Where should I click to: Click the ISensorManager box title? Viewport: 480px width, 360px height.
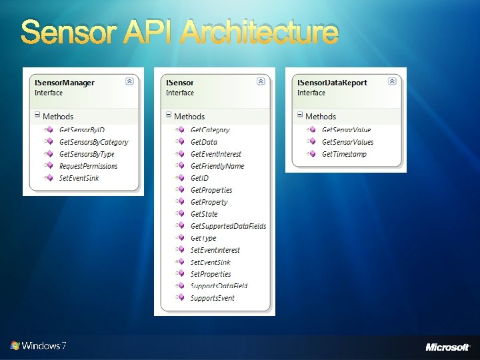64,83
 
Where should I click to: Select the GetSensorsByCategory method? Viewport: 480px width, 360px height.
93,142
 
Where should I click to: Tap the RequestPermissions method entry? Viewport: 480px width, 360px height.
88,166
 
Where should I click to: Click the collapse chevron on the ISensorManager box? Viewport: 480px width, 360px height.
129,81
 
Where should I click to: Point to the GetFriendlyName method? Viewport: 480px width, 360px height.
217,166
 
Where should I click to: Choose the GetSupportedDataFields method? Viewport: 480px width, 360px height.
228,226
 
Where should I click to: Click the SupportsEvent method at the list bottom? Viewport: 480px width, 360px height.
212,298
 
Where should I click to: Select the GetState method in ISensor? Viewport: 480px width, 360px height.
204,214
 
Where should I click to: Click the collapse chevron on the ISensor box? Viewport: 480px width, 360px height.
261,81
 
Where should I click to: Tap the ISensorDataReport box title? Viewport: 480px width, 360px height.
332,83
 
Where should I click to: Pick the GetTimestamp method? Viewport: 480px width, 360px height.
344,154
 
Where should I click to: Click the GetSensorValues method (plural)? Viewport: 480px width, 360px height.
347,142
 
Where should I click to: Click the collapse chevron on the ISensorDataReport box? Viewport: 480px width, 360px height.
392,81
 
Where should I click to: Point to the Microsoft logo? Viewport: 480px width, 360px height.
447,347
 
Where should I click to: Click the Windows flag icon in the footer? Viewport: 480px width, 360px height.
15,345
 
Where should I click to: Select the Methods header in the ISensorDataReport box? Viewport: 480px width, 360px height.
321,117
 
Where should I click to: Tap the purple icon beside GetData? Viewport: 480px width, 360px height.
179,142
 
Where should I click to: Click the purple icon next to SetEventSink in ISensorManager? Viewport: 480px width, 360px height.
48,178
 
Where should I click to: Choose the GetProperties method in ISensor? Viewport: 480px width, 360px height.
211,190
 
